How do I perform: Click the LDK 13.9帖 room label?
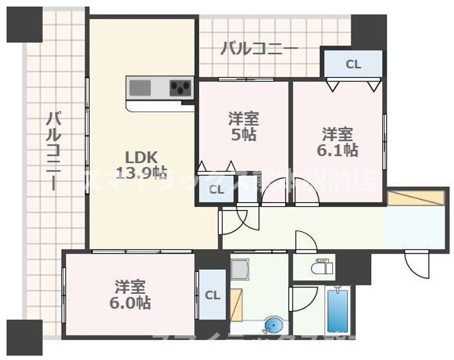(141, 164)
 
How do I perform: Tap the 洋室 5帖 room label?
(243, 127)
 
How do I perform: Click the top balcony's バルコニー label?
(259, 49)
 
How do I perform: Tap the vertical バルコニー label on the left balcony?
(54, 151)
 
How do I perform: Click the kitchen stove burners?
(182, 87)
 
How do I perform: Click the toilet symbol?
(322, 267)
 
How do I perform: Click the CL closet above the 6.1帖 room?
(353, 64)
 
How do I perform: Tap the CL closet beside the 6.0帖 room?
(212, 295)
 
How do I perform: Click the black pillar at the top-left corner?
(24, 23)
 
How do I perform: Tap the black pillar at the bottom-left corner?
(24, 337)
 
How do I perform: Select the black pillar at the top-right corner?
(369, 30)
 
